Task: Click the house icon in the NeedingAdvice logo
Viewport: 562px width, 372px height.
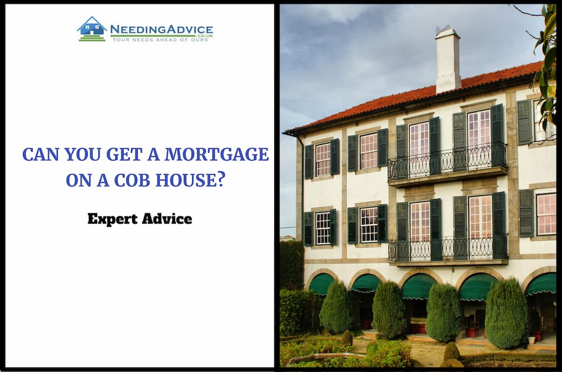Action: click(x=92, y=29)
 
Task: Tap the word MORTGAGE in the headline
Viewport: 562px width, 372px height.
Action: click(x=216, y=155)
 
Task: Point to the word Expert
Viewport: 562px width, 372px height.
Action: click(x=112, y=219)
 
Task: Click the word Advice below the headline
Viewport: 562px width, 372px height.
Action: click(x=167, y=219)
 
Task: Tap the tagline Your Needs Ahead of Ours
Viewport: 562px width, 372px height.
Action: click(x=160, y=40)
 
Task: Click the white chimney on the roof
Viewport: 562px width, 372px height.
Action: click(x=448, y=61)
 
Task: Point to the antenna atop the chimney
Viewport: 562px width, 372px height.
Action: click(x=442, y=29)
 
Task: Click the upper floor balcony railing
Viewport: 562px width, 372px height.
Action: click(x=448, y=162)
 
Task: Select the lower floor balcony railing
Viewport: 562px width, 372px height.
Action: click(x=448, y=248)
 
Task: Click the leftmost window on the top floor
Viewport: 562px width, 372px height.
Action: click(x=322, y=159)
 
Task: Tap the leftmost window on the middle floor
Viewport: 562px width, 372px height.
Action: click(x=322, y=228)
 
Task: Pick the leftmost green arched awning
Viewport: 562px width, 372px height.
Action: click(x=321, y=284)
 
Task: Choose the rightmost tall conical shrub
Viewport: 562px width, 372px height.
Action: click(x=506, y=313)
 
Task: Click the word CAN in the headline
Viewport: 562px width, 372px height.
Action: click(x=40, y=155)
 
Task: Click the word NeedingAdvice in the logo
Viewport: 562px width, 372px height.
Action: click(x=161, y=29)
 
